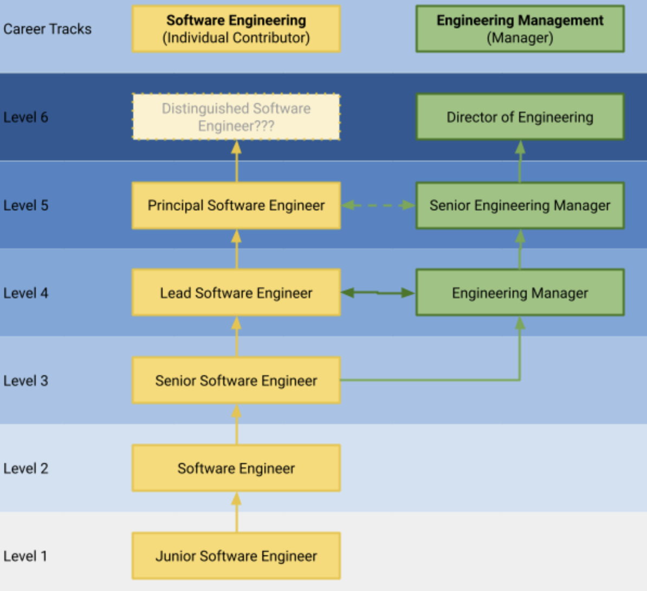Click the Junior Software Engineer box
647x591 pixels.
pos(236,556)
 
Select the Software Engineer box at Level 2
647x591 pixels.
pos(236,468)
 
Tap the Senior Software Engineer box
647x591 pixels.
pos(236,380)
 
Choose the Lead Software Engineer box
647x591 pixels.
pos(236,293)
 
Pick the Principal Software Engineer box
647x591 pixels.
pos(236,205)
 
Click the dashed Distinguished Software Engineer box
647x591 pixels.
pos(236,117)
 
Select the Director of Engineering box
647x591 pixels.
pos(520,117)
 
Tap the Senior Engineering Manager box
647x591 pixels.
pos(520,205)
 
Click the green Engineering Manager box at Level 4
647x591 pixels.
pos(520,293)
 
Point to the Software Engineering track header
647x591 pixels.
pos(236,29)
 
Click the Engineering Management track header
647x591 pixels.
pos(520,29)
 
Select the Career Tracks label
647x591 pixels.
pos(47,29)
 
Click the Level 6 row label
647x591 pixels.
pos(25,117)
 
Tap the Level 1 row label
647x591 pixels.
pos(25,556)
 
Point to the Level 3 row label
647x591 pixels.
pos(25,381)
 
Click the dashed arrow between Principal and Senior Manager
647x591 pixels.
pos(378,205)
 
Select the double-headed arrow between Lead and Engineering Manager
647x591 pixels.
pos(378,293)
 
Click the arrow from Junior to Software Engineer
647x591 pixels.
pos(236,512)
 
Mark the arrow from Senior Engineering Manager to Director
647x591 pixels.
pos(520,162)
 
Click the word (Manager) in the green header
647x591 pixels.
pos(520,38)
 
